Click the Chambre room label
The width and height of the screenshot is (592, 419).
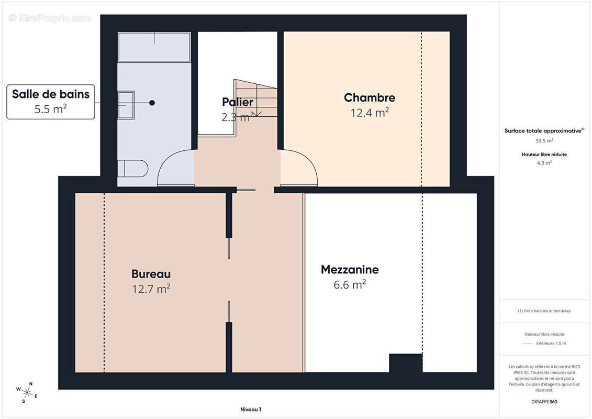coord(369,97)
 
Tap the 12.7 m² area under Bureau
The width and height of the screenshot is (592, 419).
coord(151,289)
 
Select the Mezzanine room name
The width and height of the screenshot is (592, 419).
coord(350,270)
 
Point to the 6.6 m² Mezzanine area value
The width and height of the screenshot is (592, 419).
coord(350,284)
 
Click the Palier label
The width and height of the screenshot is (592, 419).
coord(237,102)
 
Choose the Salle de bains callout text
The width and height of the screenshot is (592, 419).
coord(51,94)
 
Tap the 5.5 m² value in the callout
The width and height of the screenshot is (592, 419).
coord(51,109)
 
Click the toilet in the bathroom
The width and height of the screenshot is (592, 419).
coord(132,169)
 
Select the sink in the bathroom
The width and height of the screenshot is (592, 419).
coord(126,105)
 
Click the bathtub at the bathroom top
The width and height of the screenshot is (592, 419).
coord(154,47)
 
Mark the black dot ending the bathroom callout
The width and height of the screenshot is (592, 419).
coord(152,103)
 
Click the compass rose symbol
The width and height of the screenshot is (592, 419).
coord(27,392)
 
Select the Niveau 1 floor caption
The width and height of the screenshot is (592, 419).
coord(247,410)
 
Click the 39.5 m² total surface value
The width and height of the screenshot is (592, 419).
coord(544,140)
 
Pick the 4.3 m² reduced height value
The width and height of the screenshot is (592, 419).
coord(544,163)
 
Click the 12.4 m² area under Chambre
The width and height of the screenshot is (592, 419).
coord(369,112)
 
